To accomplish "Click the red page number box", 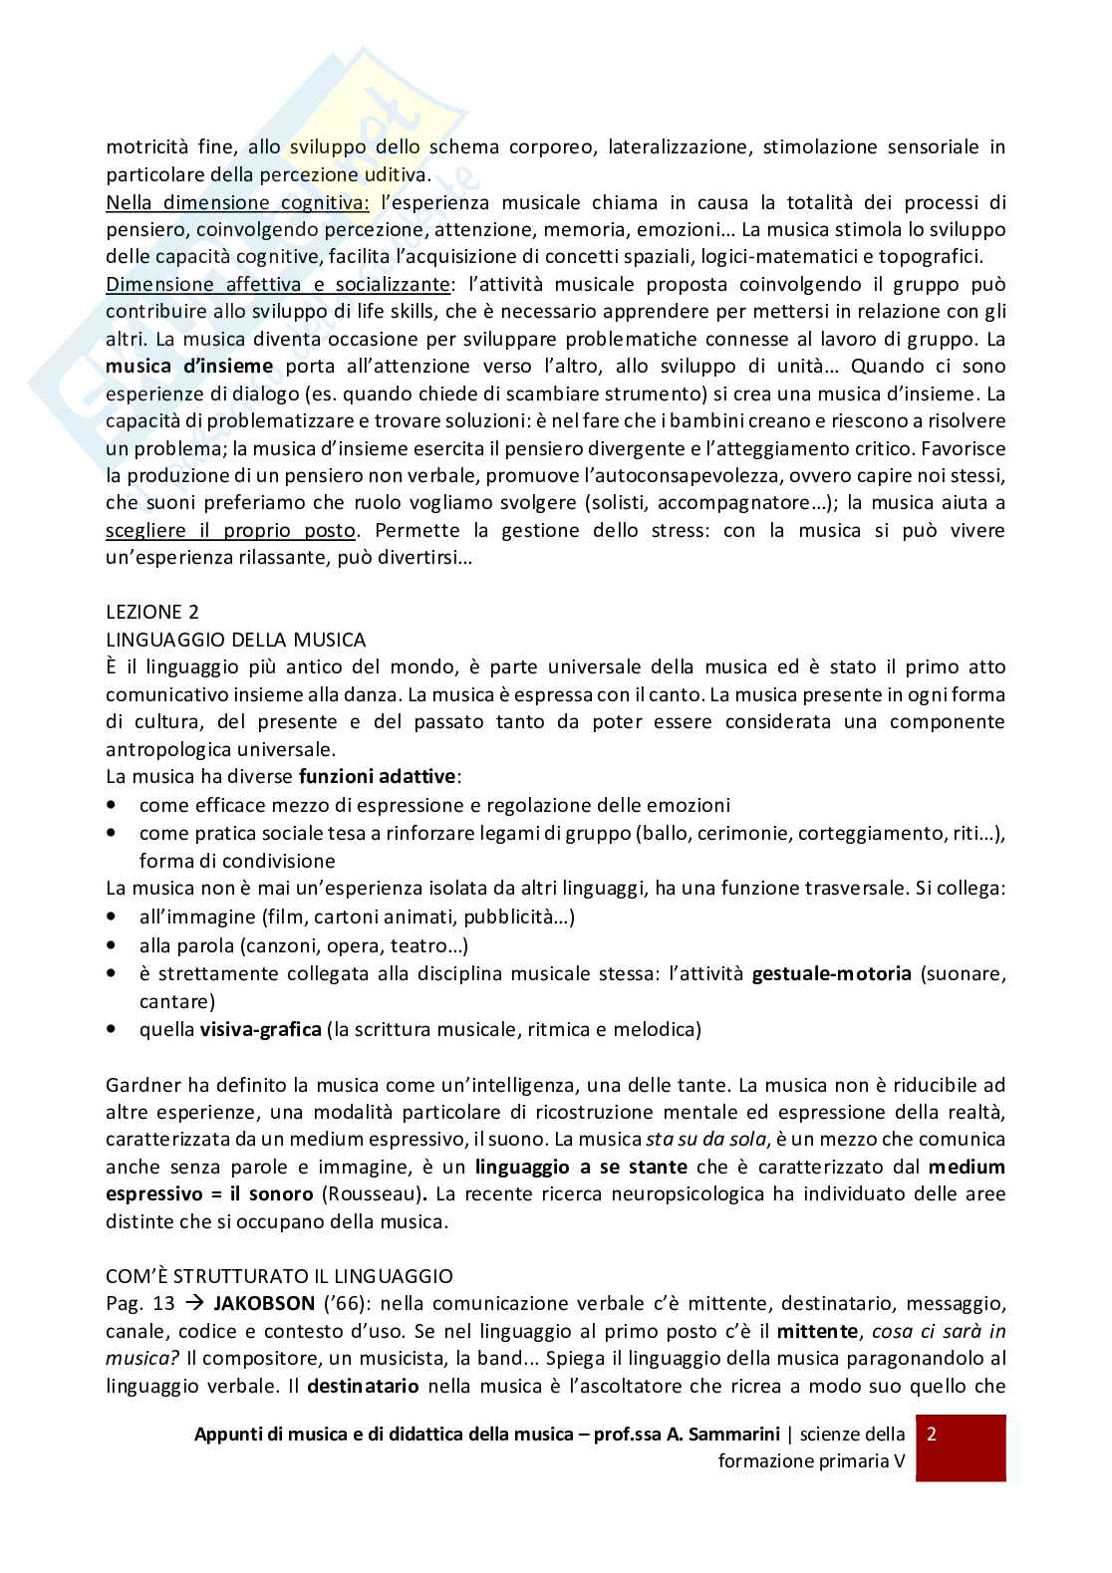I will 960,1446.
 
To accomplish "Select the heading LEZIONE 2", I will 152,612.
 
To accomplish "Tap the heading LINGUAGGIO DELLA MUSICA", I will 235,640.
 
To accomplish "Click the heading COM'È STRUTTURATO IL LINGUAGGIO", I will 279,1275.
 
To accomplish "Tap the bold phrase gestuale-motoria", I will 831,973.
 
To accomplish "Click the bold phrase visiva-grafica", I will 260,1029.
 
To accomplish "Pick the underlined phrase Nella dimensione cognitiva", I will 237,202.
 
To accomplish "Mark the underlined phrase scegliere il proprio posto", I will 230,530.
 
